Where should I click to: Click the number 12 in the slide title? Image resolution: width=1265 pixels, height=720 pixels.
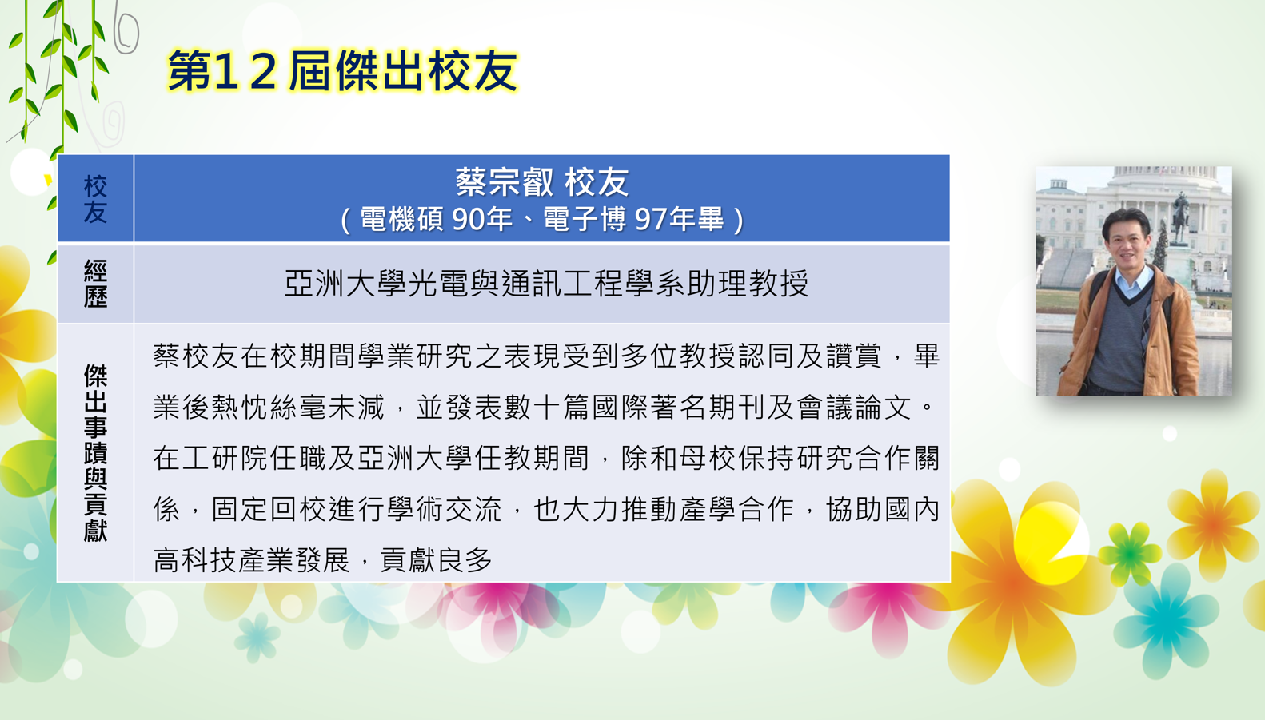click(245, 71)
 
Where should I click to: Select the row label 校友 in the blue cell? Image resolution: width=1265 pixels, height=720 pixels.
click(95, 199)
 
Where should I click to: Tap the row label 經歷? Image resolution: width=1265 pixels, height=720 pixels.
click(95, 283)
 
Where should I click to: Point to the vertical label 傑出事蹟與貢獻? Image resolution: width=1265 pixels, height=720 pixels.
click(95, 452)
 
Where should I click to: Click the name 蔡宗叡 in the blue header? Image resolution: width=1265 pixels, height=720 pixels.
click(505, 182)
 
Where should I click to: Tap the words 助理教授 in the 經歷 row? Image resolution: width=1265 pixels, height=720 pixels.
click(748, 283)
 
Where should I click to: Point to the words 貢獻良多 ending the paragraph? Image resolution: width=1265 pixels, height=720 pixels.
click(436, 559)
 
